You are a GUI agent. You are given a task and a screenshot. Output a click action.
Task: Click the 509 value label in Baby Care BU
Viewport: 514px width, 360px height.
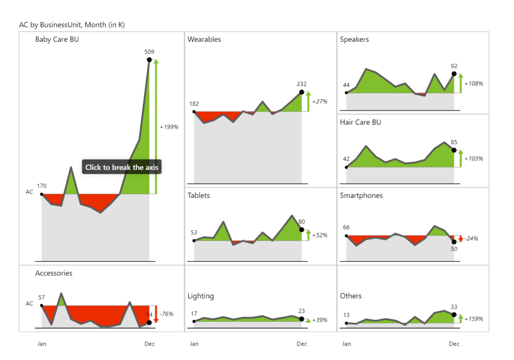click(149, 51)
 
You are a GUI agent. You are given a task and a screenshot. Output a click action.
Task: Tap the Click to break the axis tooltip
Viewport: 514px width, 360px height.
click(122, 168)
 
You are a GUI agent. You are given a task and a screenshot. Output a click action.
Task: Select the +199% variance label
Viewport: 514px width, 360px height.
click(169, 127)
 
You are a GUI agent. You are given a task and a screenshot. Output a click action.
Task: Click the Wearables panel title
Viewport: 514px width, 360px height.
click(204, 39)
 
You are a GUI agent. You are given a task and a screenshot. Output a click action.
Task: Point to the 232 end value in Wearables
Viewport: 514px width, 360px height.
click(301, 84)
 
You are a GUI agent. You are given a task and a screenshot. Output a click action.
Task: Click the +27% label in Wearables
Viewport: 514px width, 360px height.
click(320, 102)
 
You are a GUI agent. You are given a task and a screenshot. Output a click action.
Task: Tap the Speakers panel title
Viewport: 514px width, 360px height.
click(354, 39)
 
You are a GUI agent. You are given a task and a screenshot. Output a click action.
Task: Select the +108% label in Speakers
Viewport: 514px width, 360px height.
click(474, 84)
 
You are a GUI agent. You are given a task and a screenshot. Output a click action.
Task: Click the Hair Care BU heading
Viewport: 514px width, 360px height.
click(360, 122)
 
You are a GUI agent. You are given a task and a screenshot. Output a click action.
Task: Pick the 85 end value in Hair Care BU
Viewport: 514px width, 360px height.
click(454, 142)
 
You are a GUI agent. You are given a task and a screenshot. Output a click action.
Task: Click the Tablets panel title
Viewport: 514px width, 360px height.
click(199, 195)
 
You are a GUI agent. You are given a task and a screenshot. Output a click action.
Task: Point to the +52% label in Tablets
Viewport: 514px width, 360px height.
click(320, 235)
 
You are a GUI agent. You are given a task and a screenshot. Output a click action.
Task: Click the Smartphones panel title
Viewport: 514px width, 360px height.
click(361, 195)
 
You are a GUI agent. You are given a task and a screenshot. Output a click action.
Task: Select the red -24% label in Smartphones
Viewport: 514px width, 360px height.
click(471, 239)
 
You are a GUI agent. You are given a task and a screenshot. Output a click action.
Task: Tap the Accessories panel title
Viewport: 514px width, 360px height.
click(54, 273)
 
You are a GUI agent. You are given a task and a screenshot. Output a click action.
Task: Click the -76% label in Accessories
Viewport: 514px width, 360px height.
click(167, 314)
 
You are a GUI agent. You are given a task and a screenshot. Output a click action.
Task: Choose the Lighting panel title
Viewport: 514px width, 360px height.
click(201, 296)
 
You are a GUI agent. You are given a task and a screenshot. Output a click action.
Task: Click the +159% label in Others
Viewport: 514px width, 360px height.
click(474, 319)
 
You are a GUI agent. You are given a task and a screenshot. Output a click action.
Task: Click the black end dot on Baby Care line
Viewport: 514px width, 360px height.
click(149, 60)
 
